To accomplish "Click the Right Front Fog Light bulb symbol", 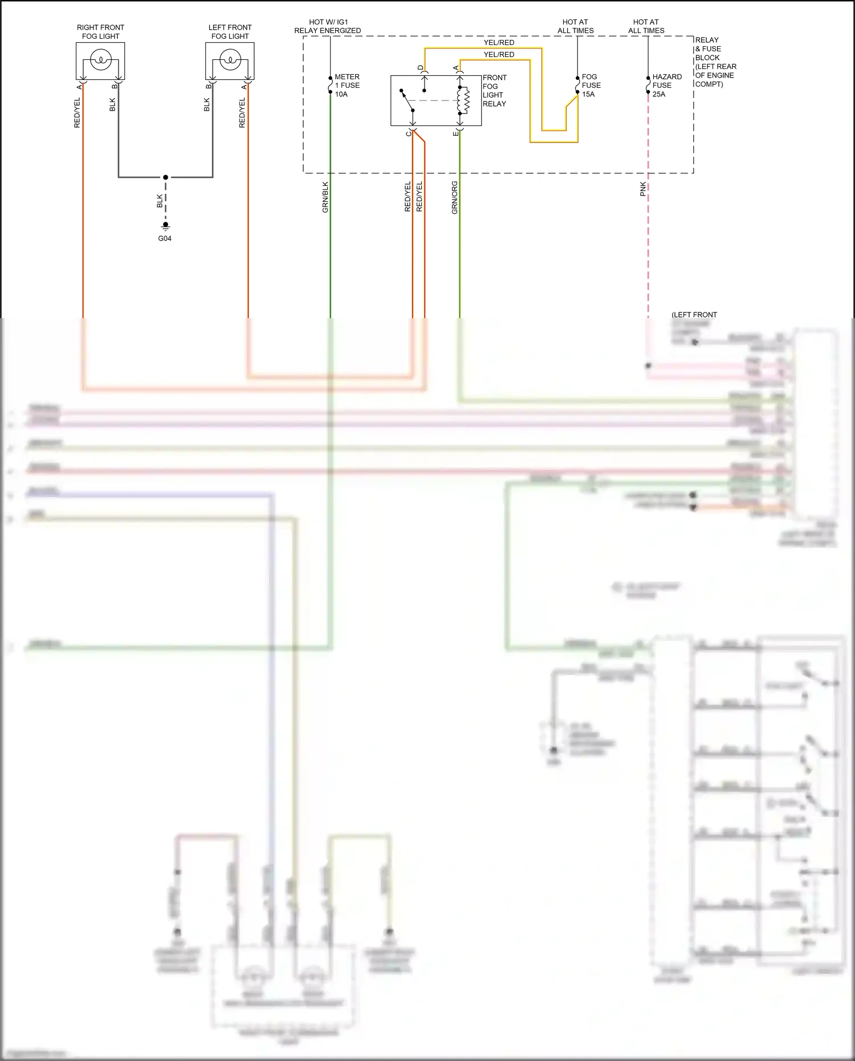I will pos(100,60).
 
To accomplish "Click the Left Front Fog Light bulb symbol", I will pos(230,60).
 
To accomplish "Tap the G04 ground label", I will pos(165,238).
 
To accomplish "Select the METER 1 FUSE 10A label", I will pos(347,86).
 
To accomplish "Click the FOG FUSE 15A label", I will pos(591,86).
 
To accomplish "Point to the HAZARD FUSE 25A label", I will pos(666,86).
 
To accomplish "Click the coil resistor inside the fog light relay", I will pos(466,100).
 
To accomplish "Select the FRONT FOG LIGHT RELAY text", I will pos(494,91).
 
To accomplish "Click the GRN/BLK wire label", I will pos(325,197).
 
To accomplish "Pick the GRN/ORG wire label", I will pos(455,198).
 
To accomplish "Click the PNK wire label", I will pos(643,189).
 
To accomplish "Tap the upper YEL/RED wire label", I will pos(499,43).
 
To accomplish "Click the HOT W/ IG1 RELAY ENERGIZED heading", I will pos(328,26).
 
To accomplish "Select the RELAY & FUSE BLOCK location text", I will pos(715,62).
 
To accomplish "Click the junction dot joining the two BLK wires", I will pos(165,177).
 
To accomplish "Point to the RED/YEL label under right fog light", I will pos(78,112).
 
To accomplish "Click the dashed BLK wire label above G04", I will pos(160,201).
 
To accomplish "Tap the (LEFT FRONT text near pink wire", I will pos(694,315).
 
